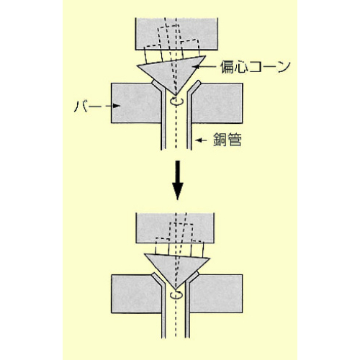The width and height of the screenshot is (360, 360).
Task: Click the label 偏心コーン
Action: coord(256,67)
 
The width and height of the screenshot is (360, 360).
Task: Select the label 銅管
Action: coord(228,140)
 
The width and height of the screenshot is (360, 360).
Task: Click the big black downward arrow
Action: coord(178,180)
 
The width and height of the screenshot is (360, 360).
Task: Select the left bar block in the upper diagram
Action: coord(135,103)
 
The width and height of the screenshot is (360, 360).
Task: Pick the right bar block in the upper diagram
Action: coord(217,103)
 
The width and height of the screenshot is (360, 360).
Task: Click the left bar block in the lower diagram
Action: coord(136,294)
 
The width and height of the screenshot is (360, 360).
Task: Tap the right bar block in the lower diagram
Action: coord(216,294)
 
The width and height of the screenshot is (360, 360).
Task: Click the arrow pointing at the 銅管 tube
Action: coord(201,140)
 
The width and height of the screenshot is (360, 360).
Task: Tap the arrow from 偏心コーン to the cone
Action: coord(206,66)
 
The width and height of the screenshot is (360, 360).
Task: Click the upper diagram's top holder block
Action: coord(176,34)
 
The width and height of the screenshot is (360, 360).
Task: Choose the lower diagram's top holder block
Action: coord(175,228)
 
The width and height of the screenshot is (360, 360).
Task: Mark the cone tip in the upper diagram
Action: coord(176,95)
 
